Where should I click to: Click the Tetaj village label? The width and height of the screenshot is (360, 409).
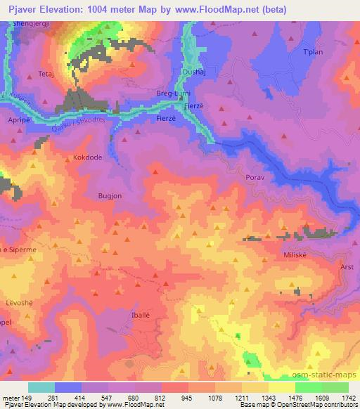point(46,73)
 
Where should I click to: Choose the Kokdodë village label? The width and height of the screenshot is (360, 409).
point(88,157)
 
